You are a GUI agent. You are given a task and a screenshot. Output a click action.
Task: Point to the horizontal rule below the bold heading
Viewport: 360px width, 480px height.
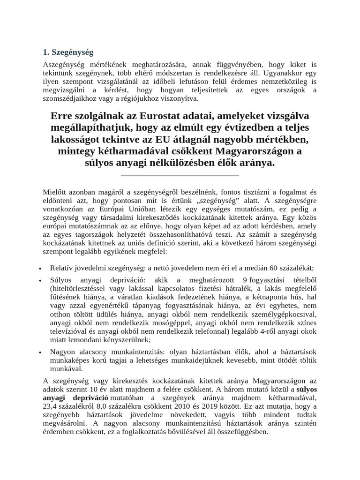coord(180,176)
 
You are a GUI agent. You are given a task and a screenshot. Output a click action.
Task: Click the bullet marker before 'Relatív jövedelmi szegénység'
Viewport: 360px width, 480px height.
coord(41,269)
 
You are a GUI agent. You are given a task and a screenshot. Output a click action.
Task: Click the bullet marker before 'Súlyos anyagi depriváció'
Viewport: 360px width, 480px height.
coord(41,280)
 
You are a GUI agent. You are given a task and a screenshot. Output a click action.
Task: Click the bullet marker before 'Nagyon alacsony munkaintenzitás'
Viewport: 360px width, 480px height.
coord(41,352)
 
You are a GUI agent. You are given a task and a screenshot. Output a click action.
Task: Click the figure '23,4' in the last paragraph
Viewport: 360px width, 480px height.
coord(51,406)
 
